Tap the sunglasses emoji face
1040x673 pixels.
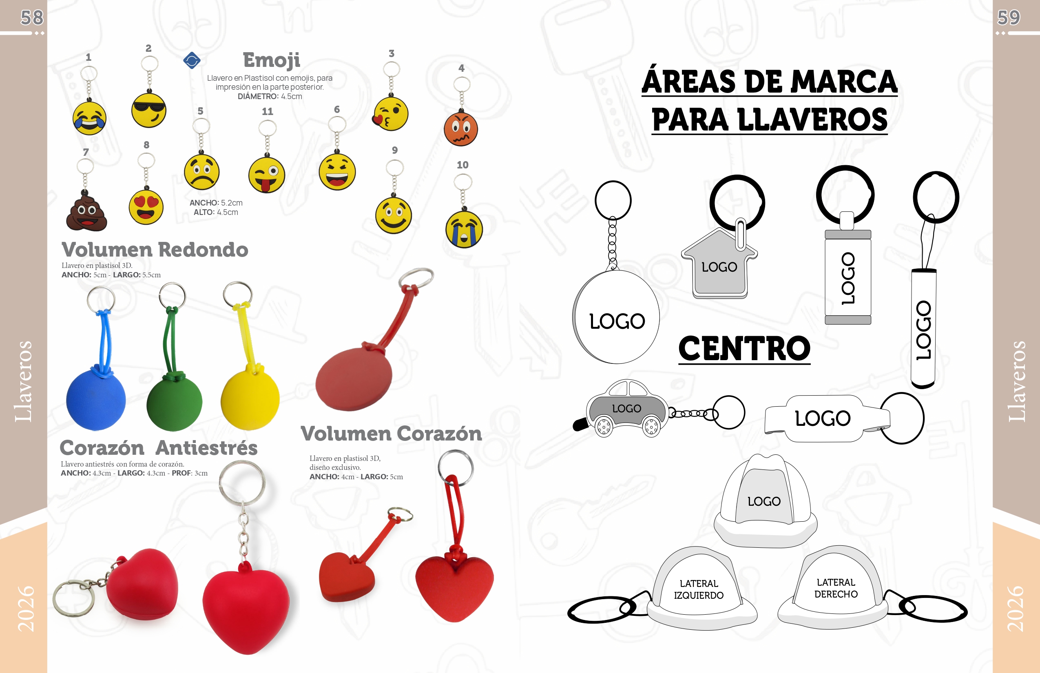point(148,110)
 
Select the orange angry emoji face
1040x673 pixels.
point(460,129)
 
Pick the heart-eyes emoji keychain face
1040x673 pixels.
point(146,207)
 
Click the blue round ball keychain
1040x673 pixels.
point(96,400)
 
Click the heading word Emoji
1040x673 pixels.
point(271,60)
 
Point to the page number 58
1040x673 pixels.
point(32,18)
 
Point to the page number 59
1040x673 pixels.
point(1008,18)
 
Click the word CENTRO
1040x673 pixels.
point(744,348)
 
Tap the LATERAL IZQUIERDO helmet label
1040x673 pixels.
point(698,589)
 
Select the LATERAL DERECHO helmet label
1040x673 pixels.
point(836,588)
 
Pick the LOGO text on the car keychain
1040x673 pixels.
point(626,409)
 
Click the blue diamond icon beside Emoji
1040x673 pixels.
point(192,60)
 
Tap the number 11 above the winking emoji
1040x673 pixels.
point(268,111)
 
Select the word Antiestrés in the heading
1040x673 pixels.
point(207,448)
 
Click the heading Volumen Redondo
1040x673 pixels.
point(155,250)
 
